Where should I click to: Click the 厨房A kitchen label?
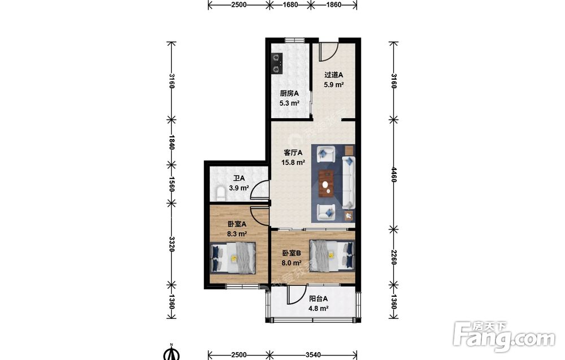(x=289, y=93)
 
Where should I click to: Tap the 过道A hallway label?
(x=333, y=75)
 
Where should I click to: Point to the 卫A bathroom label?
(x=239, y=179)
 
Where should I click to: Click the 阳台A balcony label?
(x=319, y=299)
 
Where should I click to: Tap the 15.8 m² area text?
(x=293, y=163)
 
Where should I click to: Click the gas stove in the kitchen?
(x=277, y=63)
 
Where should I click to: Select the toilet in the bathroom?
(x=220, y=193)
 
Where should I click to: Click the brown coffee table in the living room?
(x=327, y=184)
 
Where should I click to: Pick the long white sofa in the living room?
(x=349, y=183)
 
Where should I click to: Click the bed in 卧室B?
(x=332, y=255)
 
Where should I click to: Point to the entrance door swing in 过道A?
(x=329, y=51)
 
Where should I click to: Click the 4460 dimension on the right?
(x=393, y=175)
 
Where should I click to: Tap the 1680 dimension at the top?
(x=290, y=5)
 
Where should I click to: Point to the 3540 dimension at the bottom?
(x=313, y=354)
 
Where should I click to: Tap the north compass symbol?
(x=172, y=353)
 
